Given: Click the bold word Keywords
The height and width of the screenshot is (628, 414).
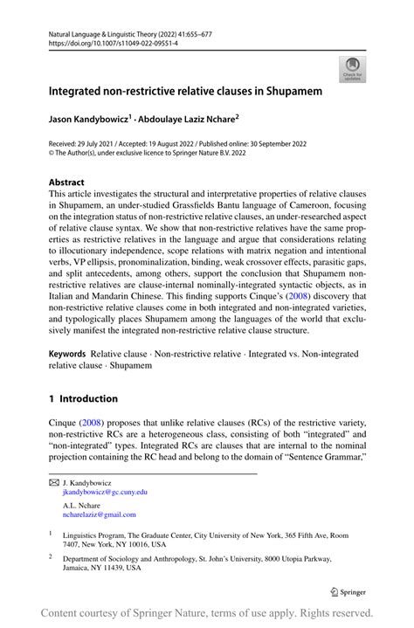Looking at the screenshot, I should (x=67, y=356).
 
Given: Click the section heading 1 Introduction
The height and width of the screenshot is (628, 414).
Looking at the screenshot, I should (x=83, y=399).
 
